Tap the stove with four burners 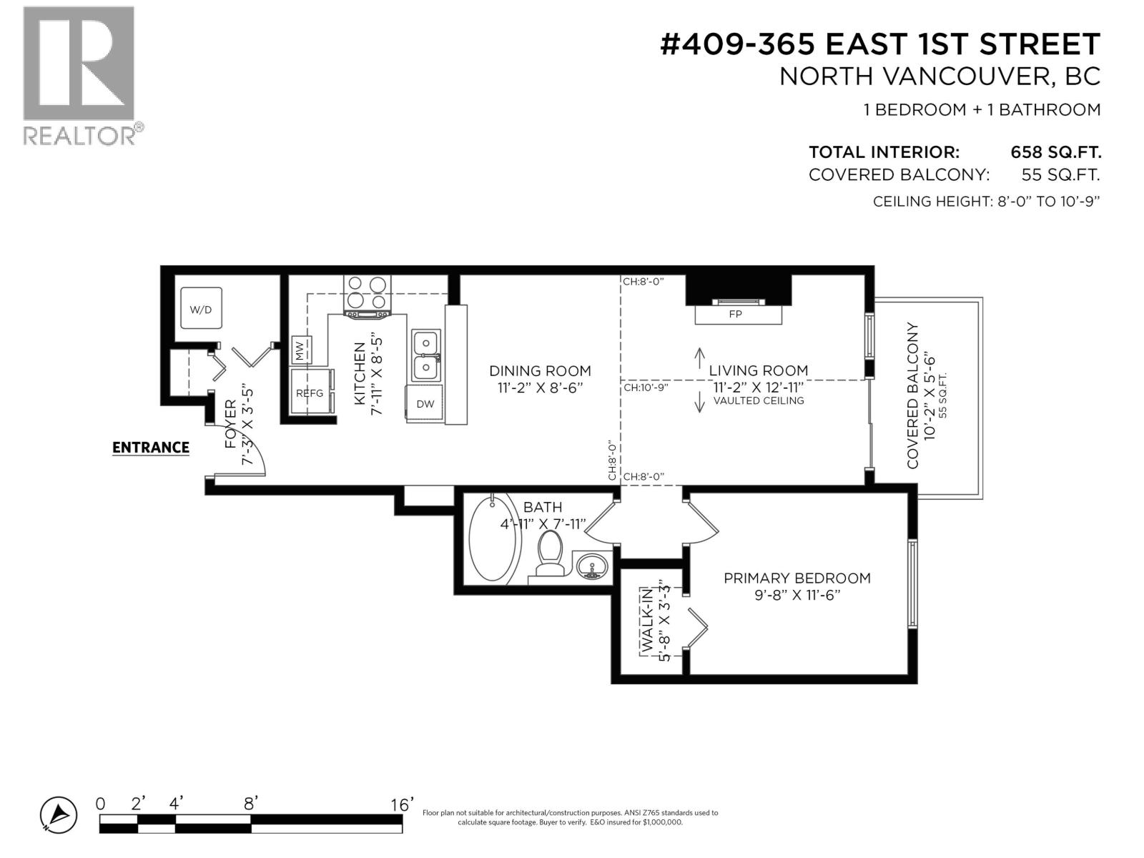[368, 294]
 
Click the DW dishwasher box [425, 403]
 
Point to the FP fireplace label [735, 314]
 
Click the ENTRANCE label [151, 448]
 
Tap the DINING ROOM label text [540, 370]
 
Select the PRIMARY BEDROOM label [797, 578]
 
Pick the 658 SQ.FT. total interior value [1055, 152]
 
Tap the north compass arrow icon [58, 814]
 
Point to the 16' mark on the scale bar [402, 805]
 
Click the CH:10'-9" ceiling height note [645, 388]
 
